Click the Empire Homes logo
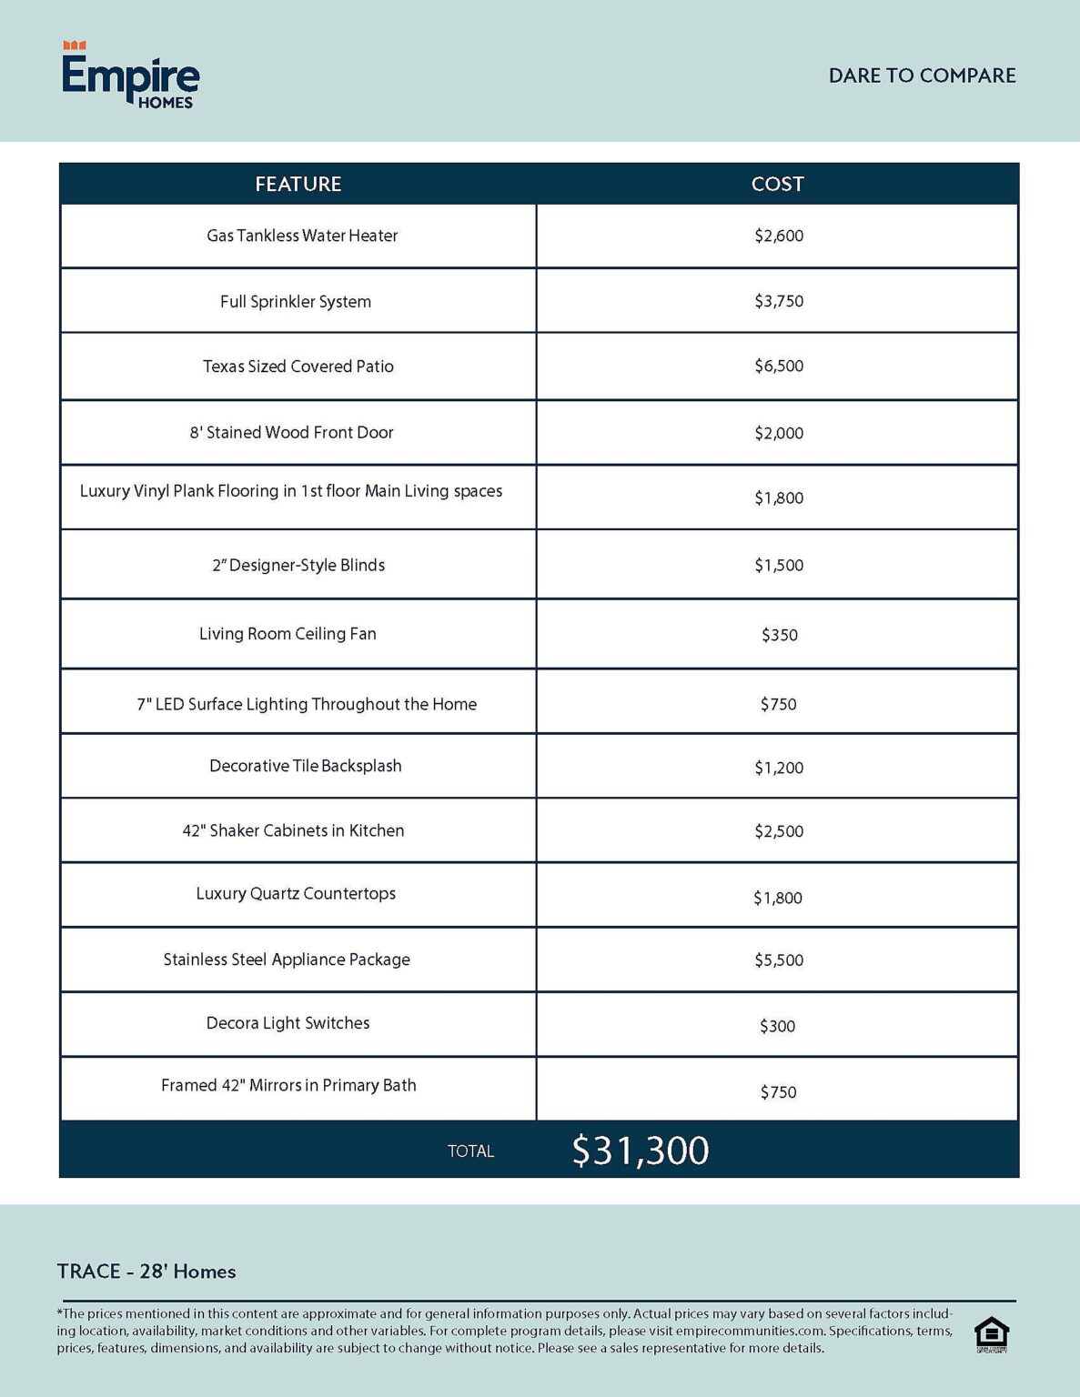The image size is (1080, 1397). pyautogui.click(x=130, y=75)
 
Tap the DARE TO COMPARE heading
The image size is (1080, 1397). pyautogui.click(x=922, y=75)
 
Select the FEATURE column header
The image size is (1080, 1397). pyautogui.click(x=298, y=184)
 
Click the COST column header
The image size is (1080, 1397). pyautogui.click(x=777, y=184)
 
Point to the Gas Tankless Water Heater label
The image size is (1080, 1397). pyautogui.click(x=302, y=236)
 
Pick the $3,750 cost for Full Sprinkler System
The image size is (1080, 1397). pyautogui.click(x=779, y=301)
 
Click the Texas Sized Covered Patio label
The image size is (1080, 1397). pyautogui.click(x=298, y=367)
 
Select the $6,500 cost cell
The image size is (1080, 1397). pyautogui.click(x=779, y=367)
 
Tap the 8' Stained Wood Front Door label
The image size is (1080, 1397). pyautogui.click(x=291, y=433)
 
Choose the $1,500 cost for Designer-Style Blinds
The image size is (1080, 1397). pyautogui.click(x=779, y=565)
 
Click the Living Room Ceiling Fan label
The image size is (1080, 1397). pyautogui.click(x=288, y=634)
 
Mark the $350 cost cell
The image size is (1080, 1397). pyautogui.click(x=780, y=635)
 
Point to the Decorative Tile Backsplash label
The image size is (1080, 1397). pyautogui.click(x=306, y=766)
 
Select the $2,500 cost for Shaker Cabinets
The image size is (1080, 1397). pyautogui.click(x=779, y=831)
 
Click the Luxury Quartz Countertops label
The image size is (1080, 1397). pyautogui.click(x=296, y=893)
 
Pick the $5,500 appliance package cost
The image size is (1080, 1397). pyautogui.click(x=779, y=960)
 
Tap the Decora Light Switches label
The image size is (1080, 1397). pyautogui.click(x=288, y=1023)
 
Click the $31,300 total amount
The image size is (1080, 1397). pyautogui.click(x=641, y=1151)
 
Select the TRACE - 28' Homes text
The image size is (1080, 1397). pyautogui.click(x=146, y=1271)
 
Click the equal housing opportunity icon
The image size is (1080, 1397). pyautogui.click(x=991, y=1334)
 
